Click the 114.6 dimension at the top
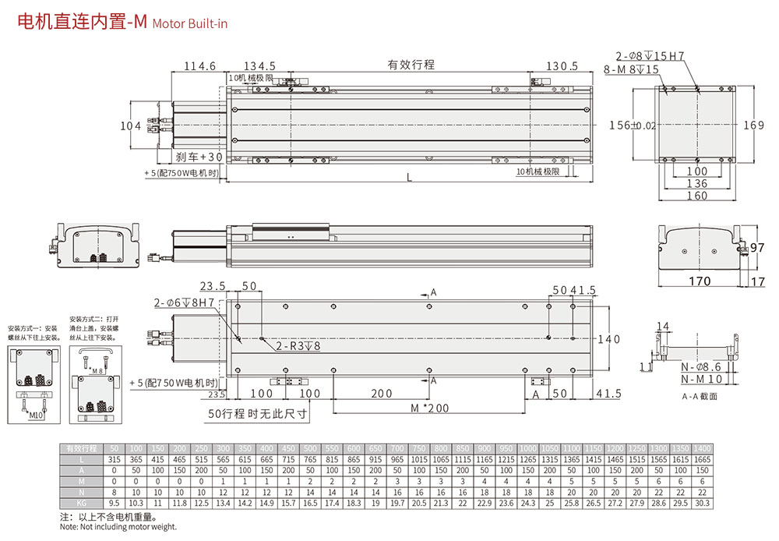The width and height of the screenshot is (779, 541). point(199,66)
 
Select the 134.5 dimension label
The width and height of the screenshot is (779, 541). point(260,66)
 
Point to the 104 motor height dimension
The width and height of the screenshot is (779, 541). point(131,126)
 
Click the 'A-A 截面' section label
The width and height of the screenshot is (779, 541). point(698,396)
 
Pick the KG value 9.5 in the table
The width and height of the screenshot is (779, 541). point(114,504)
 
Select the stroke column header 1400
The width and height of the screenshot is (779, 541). point(702,449)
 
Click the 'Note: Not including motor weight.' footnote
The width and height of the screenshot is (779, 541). point(118,527)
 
